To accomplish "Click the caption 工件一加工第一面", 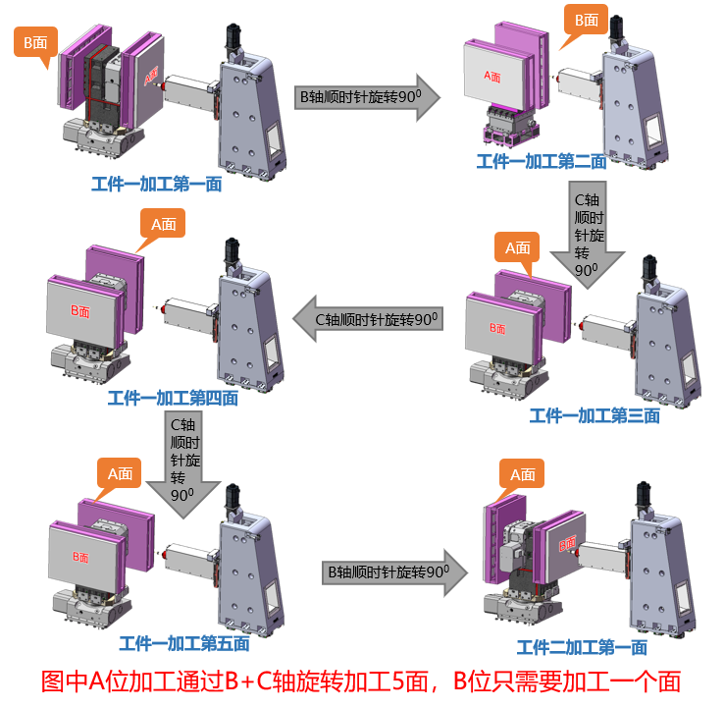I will point(156,184).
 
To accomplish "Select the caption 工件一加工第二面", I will point(541,162).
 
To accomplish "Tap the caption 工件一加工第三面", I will point(595,415).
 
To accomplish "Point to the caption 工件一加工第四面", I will point(172,398).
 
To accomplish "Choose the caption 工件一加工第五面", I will point(183,644).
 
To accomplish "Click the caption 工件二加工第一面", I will point(582,647).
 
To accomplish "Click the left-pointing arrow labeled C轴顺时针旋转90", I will point(368,320).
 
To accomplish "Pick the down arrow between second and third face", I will point(586,236).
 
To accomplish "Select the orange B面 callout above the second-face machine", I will point(586,22).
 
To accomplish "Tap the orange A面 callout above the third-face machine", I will point(517,249).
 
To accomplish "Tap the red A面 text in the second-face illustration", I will point(492,75).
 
